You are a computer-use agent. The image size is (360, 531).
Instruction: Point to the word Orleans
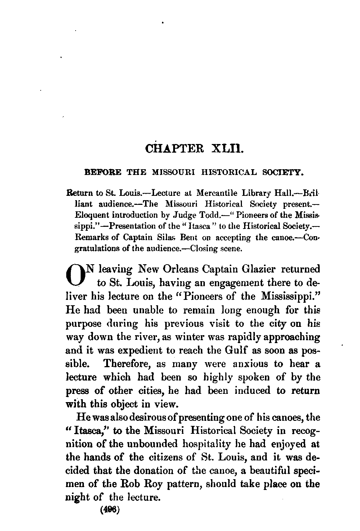(x=184, y=269)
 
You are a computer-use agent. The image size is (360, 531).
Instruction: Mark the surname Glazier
(x=260, y=269)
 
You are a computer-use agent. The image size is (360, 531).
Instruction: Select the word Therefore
(x=127, y=364)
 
